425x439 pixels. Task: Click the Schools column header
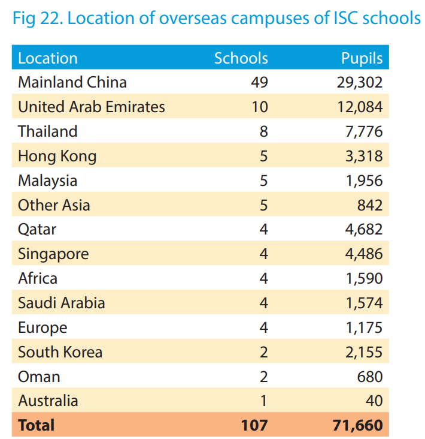tap(241, 58)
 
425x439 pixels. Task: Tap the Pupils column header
tap(362, 58)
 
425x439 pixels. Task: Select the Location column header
tap(48, 58)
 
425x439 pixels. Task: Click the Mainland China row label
tap(72, 82)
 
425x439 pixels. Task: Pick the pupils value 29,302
tap(360, 82)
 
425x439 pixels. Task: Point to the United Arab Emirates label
tap(92, 107)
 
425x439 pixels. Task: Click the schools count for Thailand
tap(263, 131)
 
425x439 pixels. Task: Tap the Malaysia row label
tap(48, 181)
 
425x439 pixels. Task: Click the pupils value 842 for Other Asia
tap(370, 205)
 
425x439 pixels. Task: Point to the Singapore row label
tap(53, 254)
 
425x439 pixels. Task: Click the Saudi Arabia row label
tap(62, 303)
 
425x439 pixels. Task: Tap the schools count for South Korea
tap(263, 352)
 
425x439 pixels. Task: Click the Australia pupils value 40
tap(374, 401)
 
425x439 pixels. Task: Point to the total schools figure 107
tap(254, 425)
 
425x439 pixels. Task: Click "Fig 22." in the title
tap(37, 18)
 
